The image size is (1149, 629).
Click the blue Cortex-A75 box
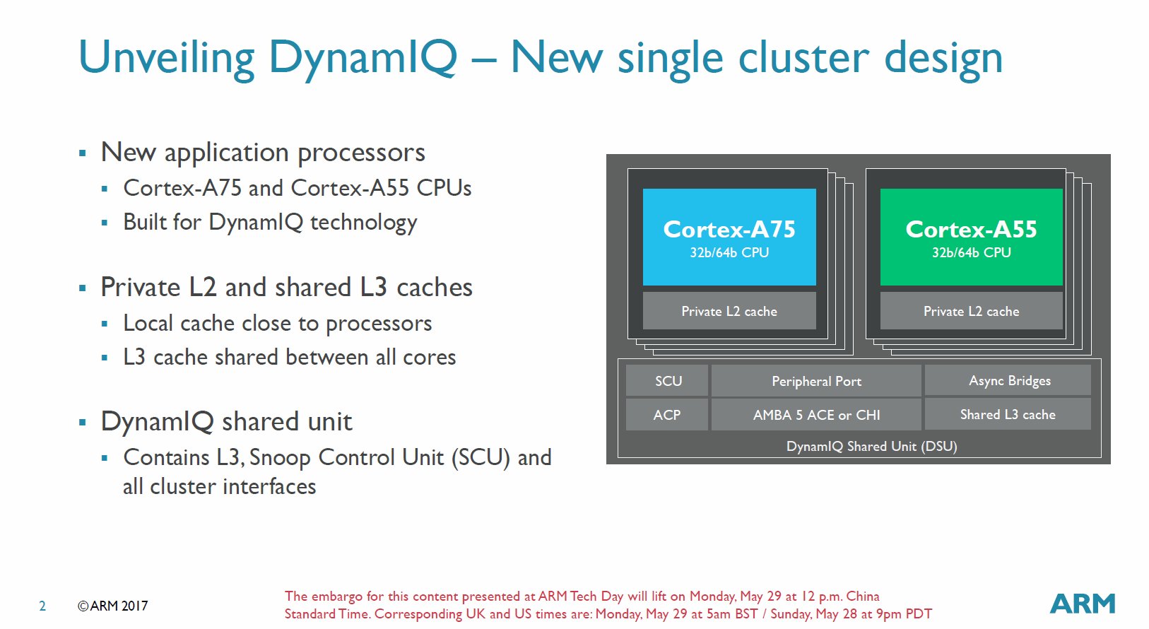pyautogui.click(x=729, y=237)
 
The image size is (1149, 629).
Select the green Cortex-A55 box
pyautogui.click(x=971, y=237)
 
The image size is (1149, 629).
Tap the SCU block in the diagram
pyautogui.click(x=667, y=381)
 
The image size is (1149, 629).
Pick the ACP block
pyautogui.click(x=667, y=415)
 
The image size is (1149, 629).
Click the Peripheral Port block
pyautogui.click(x=816, y=381)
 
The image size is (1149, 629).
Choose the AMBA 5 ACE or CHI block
pyautogui.click(x=816, y=415)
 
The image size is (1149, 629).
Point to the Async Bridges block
pyautogui.click(x=1008, y=380)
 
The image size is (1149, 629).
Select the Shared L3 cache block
pyautogui.click(x=1008, y=414)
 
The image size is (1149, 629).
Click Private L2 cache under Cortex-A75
pyautogui.click(x=729, y=311)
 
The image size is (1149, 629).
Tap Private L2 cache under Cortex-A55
pyautogui.click(x=971, y=311)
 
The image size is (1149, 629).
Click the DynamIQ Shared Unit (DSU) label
pyautogui.click(x=871, y=447)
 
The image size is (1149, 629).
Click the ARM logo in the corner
pyautogui.click(x=1083, y=604)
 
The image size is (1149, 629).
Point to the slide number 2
pyautogui.click(x=42, y=606)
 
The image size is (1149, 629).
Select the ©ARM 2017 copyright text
pyautogui.click(x=112, y=606)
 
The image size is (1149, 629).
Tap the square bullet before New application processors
pyautogui.click(x=83, y=153)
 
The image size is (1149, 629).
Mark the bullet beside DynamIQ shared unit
pyautogui.click(x=83, y=422)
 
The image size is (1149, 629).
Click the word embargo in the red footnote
pyautogui.click(x=336, y=596)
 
